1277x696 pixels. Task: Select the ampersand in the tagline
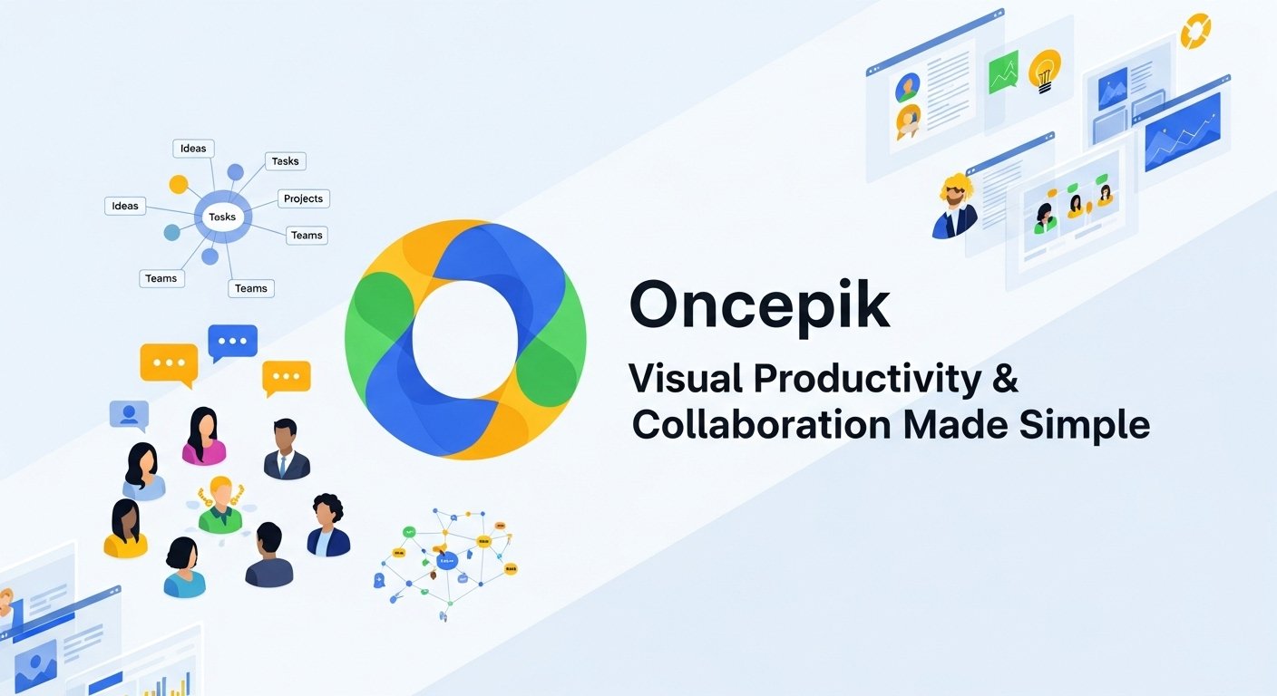click(1004, 379)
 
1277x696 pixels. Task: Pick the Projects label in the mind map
click(303, 198)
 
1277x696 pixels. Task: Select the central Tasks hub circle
click(222, 217)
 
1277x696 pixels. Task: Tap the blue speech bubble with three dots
click(232, 342)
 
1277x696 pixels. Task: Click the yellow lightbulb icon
click(1045, 70)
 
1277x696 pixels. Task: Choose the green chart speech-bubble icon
click(1003, 72)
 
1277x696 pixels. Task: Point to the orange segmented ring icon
click(1195, 29)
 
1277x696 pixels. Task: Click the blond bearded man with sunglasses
click(955, 205)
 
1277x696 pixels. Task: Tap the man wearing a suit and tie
click(286, 449)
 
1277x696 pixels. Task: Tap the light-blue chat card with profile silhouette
click(129, 414)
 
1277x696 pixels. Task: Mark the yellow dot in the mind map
click(179, 185)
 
